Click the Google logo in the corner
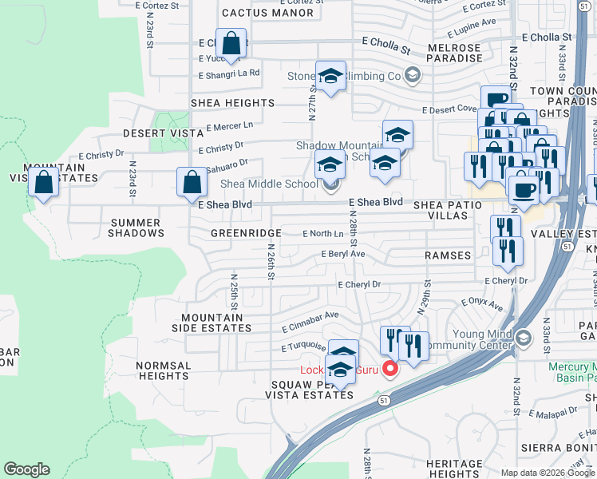[26, 469]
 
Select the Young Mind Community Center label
[466, 339]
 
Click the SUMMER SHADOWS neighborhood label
[137, 228]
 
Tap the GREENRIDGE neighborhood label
[245, 233]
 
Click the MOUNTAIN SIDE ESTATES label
[215, 323]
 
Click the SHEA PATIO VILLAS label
[448, 211]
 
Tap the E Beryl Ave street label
[342, 254]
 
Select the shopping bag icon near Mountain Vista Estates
[43, 183]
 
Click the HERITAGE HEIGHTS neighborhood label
[455, 469]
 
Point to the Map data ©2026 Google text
[548, 472]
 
